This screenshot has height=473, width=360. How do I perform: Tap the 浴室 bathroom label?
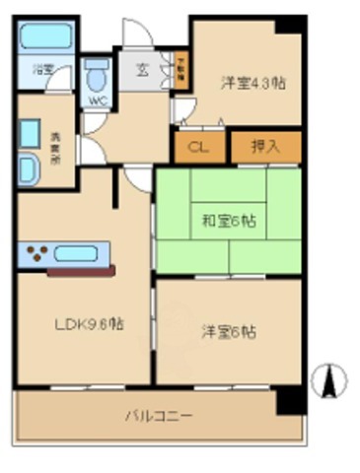(x=42, y=70)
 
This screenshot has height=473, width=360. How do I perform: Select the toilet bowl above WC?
(x=97, y=74)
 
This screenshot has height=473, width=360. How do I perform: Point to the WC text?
(x=97, y=101)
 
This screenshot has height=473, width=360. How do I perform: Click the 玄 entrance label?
(x=143, y=70)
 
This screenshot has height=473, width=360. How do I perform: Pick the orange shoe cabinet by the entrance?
(x=181, y=70)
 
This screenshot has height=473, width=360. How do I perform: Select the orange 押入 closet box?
(x=264, y=147)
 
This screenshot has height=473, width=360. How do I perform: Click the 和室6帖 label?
(x=230, y=221)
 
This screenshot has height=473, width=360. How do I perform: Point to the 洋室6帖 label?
(x=229, y=332)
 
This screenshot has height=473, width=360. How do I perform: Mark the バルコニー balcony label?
(x=158, y=415)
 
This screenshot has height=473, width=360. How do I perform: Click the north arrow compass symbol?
(x=331, y=380)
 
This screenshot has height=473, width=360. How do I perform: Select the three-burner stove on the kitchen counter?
(x=36, y=253)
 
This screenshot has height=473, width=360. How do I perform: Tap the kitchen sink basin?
(x=82, y=253)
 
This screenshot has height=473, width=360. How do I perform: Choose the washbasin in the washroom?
(x=28, y=169)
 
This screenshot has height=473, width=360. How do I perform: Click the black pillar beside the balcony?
(x=288, y=399)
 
